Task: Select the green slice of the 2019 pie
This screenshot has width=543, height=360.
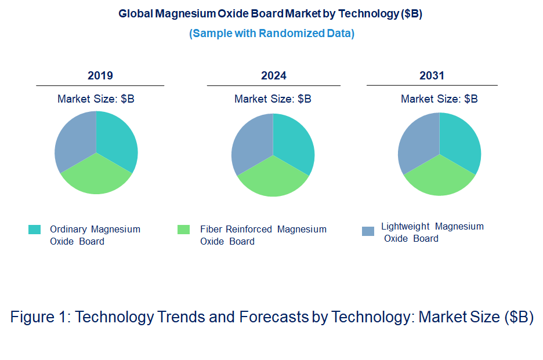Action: point(96,177)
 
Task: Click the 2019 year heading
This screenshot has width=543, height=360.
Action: point(100,75)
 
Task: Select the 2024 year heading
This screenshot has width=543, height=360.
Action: point(274,75)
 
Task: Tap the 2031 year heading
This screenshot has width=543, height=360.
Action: point(432,75)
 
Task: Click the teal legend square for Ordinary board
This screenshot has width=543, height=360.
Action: point(34,230)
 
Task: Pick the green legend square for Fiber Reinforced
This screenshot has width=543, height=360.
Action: point(183,230)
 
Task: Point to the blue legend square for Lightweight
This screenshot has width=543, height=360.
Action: point(368,231)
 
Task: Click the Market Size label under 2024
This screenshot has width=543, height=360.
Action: point(273,99)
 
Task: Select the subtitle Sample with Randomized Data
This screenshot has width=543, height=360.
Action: point(271,34)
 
